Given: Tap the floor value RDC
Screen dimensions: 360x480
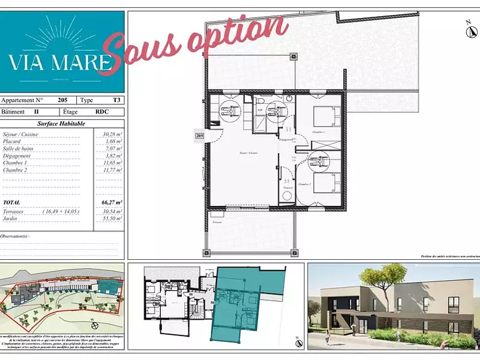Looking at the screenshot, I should point(101,112).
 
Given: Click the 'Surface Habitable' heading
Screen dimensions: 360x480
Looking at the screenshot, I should point(61,124).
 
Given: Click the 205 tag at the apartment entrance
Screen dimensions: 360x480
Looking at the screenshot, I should point(200,136).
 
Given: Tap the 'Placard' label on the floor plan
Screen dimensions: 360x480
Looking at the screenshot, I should point(288,188).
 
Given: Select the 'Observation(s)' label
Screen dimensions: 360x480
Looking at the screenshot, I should point(16,236).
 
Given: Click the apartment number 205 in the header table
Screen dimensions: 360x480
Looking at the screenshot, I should point(62,101).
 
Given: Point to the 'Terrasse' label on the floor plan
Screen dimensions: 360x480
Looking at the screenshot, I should point(216,223).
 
